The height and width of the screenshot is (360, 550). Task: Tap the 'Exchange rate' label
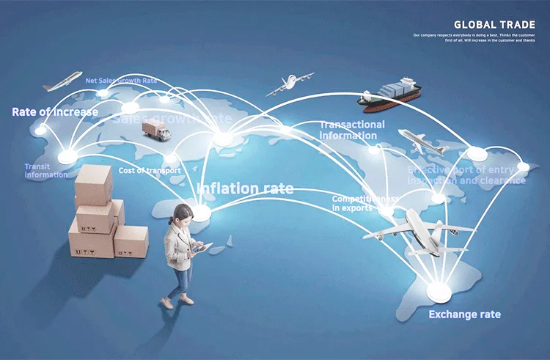[x=464, y=315]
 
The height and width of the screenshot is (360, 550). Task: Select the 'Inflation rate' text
[x=245, y=188]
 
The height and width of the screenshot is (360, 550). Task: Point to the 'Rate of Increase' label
[x=54, y=112]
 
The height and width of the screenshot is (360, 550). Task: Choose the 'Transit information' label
[x=45, y=171]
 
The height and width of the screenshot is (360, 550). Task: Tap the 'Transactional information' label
[x=351, y=130]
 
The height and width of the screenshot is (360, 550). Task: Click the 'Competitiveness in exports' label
[x=364, y=203]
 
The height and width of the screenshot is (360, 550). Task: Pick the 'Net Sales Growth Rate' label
[x=121, y=81]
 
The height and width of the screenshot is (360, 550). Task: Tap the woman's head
[x=183, y=215]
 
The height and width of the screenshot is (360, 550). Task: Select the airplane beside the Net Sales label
[x=62, y=81]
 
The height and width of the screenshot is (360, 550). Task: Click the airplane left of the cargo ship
[x=289, y=84]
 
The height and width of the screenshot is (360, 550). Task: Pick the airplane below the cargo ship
[x=421, y=142]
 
